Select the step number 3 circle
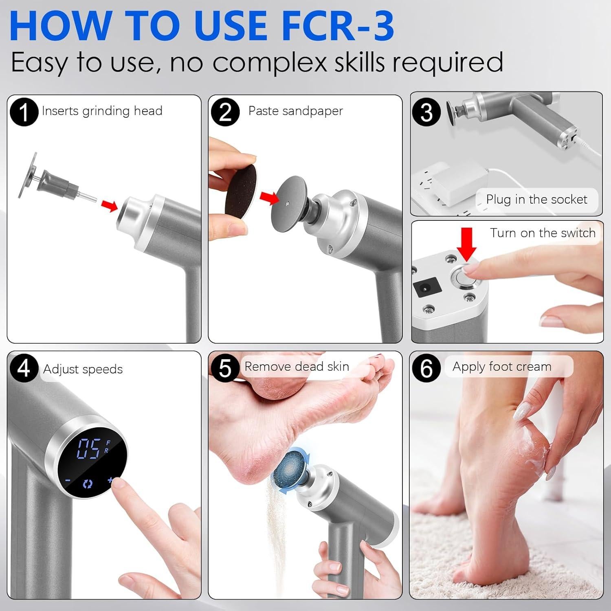pyautogui.click(x=426, y=112)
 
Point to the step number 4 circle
pyautogui.click(x=24, y=368)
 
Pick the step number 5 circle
pyautogui.click(x=225, y=368)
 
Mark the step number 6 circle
pyautogui.click(x=426, y=368)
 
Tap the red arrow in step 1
pyautogui.click(x=109, y=206)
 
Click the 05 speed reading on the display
pyautogui.click(x=88, y=449)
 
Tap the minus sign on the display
pyautogui.click(x=68, y=481)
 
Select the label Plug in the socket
pyautogui.click(x=536, y=200)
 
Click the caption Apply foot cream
pyautogui.click(x=502, y=367)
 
